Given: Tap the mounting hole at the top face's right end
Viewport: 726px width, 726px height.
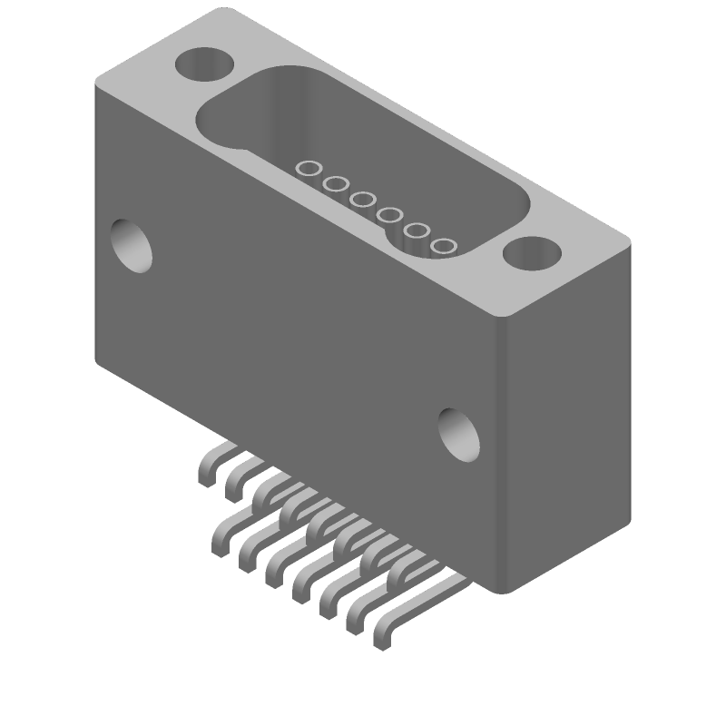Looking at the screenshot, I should coord(533,253).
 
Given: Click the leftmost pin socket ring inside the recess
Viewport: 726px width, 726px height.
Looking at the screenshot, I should coord(309,168).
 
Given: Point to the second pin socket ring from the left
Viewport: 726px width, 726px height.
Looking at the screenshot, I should coord(336,184).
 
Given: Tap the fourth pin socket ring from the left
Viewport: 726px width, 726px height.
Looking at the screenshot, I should coord(390,215).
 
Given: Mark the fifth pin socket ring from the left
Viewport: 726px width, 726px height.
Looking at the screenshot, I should coord(417,231).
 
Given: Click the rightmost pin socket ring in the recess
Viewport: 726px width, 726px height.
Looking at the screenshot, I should coord(444,246).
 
